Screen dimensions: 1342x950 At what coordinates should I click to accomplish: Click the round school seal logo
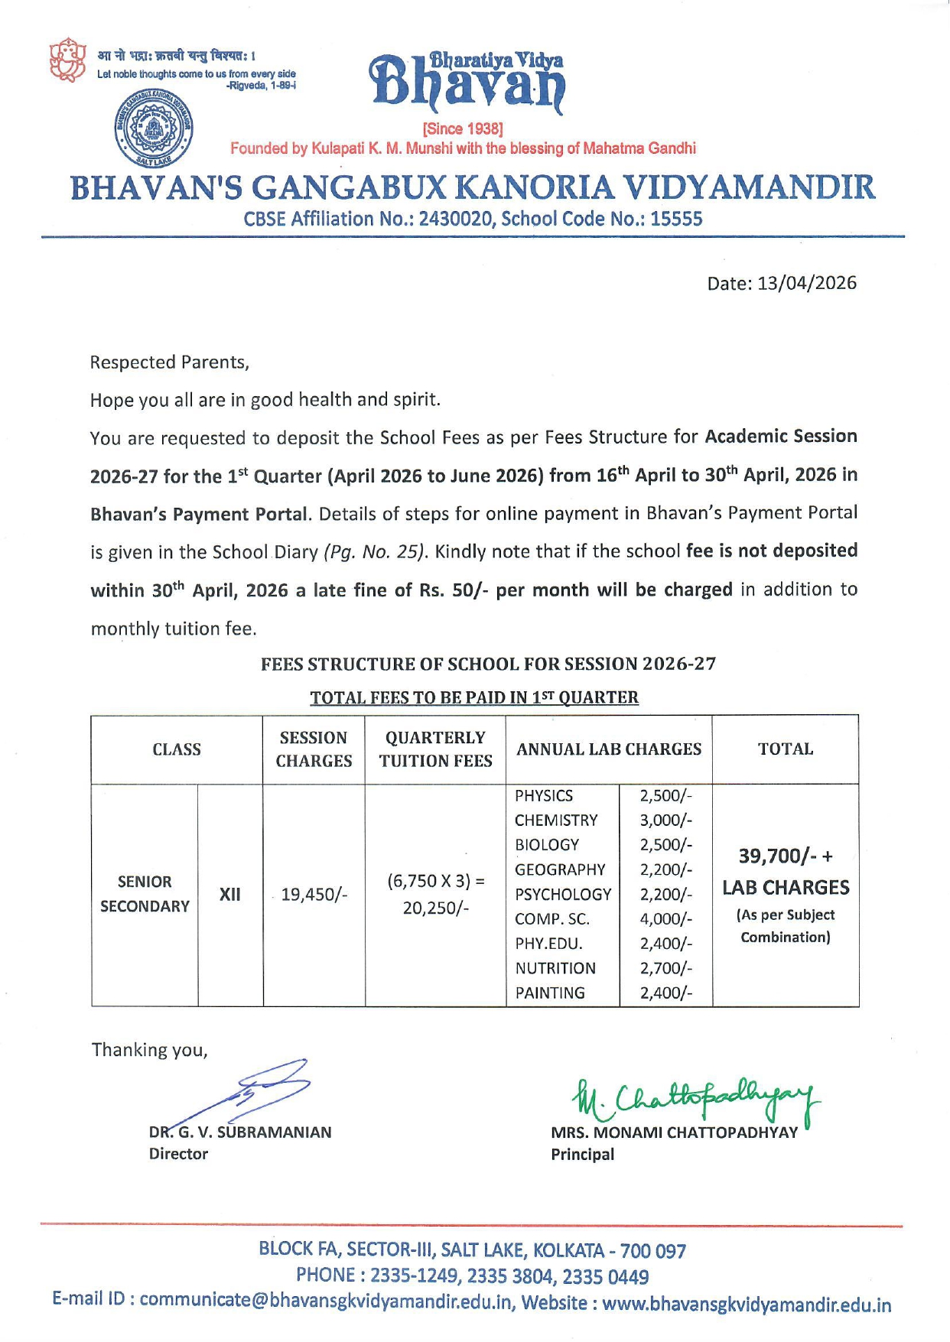[154, 129]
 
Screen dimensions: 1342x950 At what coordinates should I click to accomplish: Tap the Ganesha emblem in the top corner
[67, 60]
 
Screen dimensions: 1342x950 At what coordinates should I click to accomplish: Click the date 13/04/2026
[806, 283]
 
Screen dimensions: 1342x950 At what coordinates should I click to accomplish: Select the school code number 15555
[676, 219]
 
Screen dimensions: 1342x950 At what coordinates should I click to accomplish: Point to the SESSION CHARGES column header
[314, 749]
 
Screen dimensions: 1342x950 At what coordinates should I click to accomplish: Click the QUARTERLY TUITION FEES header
[435, 749]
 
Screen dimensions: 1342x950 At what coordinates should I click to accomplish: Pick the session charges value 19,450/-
[314, 894]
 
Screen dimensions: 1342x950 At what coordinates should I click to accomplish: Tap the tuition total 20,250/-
[435, 907]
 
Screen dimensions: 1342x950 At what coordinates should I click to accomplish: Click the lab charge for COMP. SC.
[665, 918]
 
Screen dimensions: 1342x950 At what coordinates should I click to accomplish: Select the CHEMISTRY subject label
[556, 820]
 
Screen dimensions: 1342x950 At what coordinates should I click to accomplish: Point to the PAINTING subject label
[550, 993]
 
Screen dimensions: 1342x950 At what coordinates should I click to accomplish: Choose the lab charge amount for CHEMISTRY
[665, 820]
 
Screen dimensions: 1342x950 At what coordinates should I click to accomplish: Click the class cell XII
[230, 894]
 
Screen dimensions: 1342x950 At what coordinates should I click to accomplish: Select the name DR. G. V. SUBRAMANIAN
[240, 1132]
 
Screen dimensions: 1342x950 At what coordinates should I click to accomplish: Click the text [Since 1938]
[463, 128]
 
